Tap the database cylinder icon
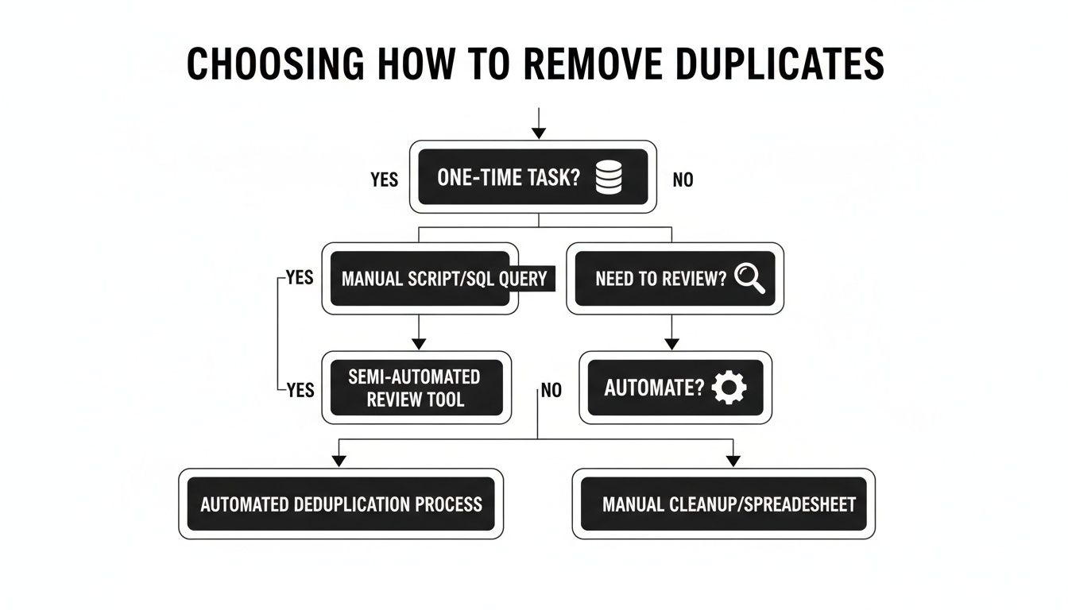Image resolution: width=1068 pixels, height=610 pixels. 608,178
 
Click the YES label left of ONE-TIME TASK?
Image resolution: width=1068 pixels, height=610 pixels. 384,180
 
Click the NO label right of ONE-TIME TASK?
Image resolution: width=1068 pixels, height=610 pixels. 683,180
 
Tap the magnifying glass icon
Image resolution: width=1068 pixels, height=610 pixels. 749,278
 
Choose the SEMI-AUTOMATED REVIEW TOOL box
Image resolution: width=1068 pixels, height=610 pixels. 416,388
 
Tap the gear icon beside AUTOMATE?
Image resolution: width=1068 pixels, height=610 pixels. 729,388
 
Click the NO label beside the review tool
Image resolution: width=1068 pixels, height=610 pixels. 551,390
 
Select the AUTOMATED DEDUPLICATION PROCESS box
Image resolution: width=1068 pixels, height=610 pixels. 341,504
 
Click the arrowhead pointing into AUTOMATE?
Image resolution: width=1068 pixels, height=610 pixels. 672,344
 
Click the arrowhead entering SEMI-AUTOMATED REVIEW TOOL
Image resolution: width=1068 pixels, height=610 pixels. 419,344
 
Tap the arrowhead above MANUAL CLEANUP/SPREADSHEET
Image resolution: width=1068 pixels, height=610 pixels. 733,461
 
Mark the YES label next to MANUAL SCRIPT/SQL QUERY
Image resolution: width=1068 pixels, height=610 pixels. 300,279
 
